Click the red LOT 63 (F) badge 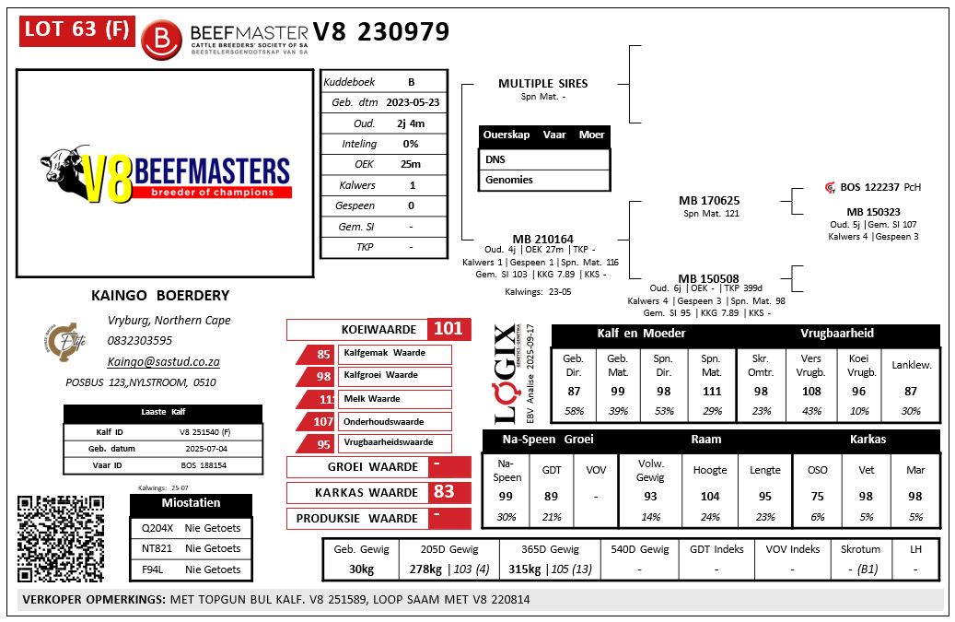76,29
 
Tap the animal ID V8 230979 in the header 381,32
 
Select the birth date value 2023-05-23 412,102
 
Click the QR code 61,539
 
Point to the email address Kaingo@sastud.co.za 163,362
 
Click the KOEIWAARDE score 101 448,329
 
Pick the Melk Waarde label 372,399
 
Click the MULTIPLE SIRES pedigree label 542,83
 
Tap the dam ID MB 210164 542,240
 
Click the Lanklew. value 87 911,392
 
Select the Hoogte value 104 710,496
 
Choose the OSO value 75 817,496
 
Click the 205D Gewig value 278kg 427,569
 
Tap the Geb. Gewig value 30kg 362,569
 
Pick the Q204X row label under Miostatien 152,528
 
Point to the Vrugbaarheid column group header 836,333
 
